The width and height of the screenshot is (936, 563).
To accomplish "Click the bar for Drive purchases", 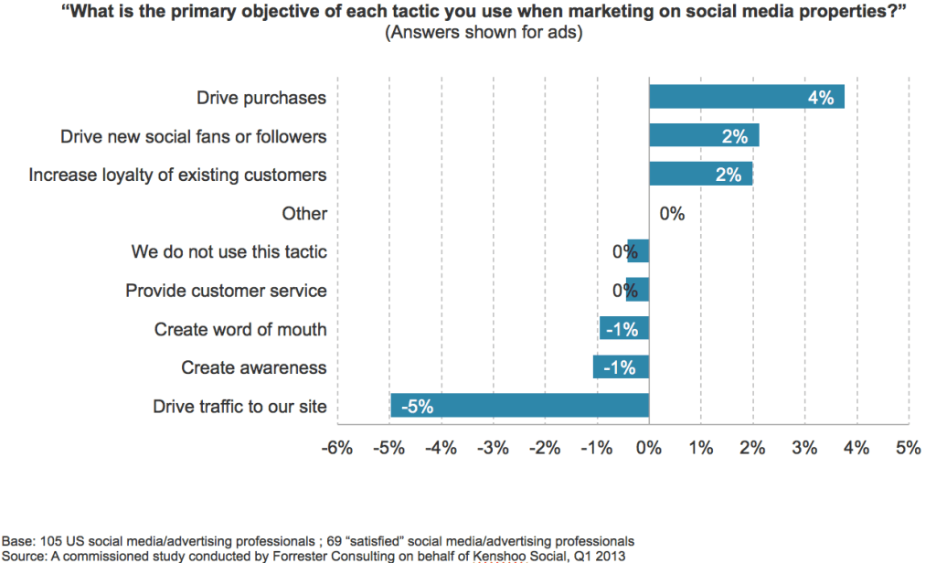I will (x=746, y=97).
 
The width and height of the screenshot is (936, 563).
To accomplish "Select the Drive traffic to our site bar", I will (x=519, y=406).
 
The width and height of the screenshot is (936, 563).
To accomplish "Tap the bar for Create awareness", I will (x=621, y=367).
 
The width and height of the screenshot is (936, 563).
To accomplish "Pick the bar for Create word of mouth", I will (x=624, y=329).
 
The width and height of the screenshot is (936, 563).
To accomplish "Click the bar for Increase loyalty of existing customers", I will (x=700, y=174).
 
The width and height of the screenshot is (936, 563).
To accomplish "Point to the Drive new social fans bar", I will (x=704, y=135).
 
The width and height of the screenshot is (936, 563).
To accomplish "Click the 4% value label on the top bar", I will (x=820, y=98).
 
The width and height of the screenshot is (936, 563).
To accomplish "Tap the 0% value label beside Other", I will (x=672, y=214).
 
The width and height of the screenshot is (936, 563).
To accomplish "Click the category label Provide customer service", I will (x=226, y=291).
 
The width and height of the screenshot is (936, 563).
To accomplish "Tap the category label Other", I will (x=304, y=214).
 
